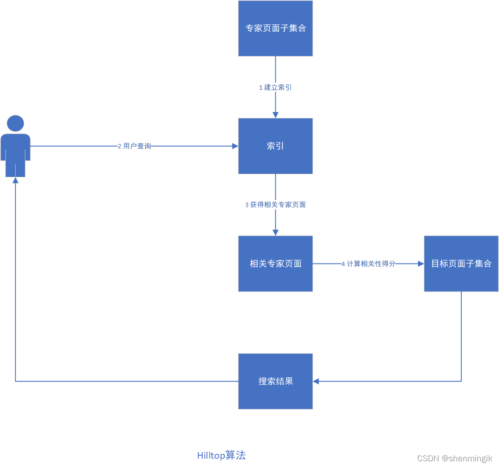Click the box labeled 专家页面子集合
pos(275,28)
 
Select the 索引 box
pos(275,146)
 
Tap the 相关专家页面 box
pos(275,263)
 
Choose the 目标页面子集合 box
pos(461,263)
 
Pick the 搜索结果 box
pos(275,381)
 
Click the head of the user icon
pos(16,123)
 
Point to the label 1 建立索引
pos(275,88)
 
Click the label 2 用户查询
pos(134,146)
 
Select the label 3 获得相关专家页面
pos(275,205)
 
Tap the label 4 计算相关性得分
pos(369,264)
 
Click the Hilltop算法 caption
pos(221,456)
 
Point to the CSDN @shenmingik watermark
pos(454,458)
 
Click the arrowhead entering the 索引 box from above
pos(275,115)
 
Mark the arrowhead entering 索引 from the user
pos(235,146)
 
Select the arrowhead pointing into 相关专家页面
pos(275,233)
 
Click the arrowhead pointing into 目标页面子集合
pos(421,264)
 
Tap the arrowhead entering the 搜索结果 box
pos(316,381)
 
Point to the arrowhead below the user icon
pos(16,180)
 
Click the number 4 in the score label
pos(343,264)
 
